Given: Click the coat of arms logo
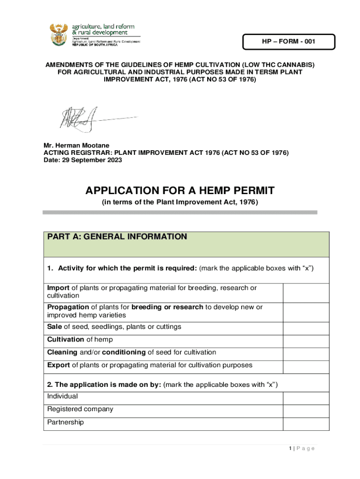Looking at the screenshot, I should (58, 34).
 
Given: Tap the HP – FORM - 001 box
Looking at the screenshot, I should (288, 42).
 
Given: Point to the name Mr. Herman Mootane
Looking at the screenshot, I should (76, 145).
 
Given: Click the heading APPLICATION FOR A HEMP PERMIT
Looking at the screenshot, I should (180, 191).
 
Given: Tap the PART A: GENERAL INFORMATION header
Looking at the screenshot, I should (117, 237).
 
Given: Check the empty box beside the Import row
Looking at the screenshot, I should (306, 292).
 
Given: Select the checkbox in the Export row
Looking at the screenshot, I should (306, 366).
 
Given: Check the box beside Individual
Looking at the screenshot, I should (306, 398).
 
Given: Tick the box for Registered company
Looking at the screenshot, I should (306, 410).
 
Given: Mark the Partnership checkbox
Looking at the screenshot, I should (306, 423).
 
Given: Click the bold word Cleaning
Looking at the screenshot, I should (62, 352).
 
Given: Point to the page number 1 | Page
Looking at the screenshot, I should (302, 449).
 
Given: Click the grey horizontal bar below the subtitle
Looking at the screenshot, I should (180, 212).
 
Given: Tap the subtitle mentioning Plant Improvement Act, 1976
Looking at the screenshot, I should (180, 202).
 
